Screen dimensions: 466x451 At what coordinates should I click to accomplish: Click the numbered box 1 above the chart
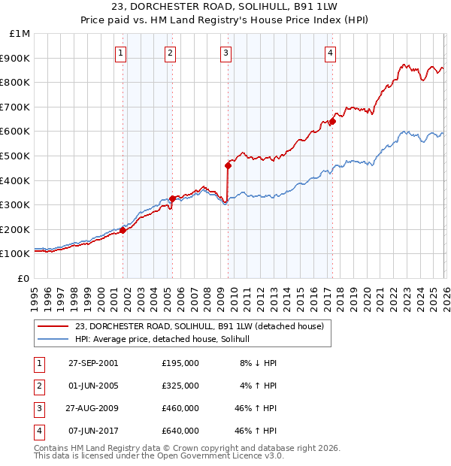pos(121,53)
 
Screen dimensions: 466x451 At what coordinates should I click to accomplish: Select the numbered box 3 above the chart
pos(225,53)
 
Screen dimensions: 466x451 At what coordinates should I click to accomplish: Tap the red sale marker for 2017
pos(332,123)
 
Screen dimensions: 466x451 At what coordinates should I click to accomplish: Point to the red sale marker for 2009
pos(228,166)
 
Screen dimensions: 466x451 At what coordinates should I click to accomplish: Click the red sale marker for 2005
pos(172,198)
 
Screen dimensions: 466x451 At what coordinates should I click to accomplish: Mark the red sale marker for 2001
pos(123,231)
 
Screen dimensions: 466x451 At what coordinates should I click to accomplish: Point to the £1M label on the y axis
pos(20,33)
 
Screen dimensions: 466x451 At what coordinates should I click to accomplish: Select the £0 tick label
pos(23,278)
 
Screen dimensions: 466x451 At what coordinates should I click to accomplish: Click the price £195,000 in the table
pos(180,363)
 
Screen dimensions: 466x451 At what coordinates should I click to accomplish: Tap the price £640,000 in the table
pos(180,431)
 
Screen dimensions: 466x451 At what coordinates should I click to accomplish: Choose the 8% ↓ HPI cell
pos(259,363)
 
